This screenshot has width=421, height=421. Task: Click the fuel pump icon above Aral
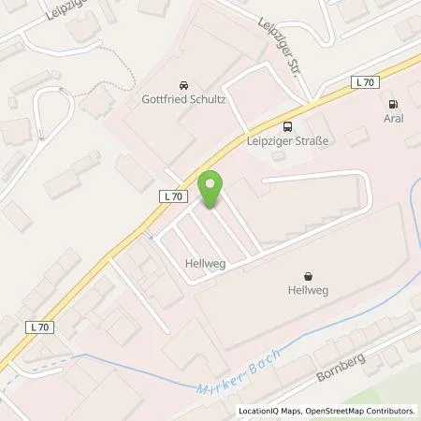pyautogui.click(x=393, y=105)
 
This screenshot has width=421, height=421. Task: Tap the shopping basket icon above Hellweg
pyautogui.click(x=308, y=276)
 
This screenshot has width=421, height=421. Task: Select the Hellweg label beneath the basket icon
pyautogui.click(x=307, y=291)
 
